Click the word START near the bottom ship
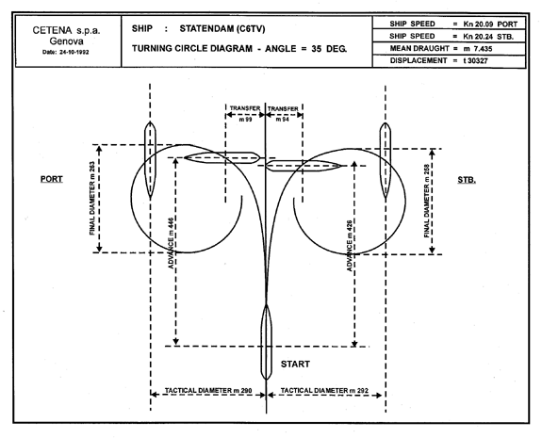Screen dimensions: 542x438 pyautogui.click(x=295, y=365)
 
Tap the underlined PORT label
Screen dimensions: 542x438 pyautogui.click(x=52, y=179)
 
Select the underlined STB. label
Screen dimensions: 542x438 pyautogui.click(x=467, y=180)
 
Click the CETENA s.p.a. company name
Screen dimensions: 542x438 pyautogui.click(x=66, y=30)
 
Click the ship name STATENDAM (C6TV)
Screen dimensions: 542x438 pyautogui.click(x=222, y=28)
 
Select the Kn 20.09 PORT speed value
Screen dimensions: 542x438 pyautogui.click(x=490, y=24)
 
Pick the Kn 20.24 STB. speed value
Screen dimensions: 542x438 pyautogui.click(x=488, y=37)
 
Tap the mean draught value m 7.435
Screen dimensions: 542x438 pyautogui.click(x=477, y=49)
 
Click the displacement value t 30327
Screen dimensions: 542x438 pyautogui.click(x=476, y=61)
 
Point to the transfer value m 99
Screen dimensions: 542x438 pyautogui.click(x=245, y=120)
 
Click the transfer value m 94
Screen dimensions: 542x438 pyautogui.click(x=283, y=120)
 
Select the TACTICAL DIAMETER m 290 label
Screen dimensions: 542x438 pyautogui.click(x=208, y=390)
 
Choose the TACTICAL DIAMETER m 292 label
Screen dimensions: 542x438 pyautogui.click(x=324, y=390)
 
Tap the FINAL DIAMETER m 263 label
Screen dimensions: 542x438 pyautogui.click(x=92, y=198)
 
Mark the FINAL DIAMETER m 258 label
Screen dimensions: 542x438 pyautogui.click(x=427, y=201)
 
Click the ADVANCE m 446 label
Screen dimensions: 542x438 pyautogui.click(x=171, y=243)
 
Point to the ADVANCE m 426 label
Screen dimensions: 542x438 pyautogui.click(x=350, y=246)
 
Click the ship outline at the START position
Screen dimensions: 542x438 pyautogui.click(x=266, y=342)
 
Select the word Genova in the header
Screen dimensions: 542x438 pyautogui.click(x=66, y=41)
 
